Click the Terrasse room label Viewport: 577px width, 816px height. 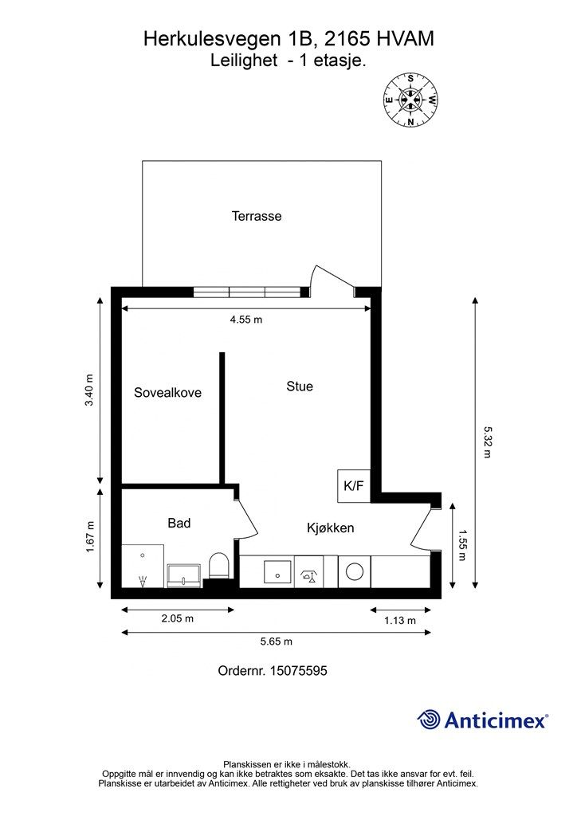tap(257, 216)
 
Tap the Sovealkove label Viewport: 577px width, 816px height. tap(167, 392)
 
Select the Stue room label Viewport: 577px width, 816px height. tap(300, 386)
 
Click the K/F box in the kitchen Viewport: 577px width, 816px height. tap(354, 486)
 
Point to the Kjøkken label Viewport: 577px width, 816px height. tap(331, 528)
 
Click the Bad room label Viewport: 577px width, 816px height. tap(179, 523)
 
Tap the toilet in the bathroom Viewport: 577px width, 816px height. tap(218, 567)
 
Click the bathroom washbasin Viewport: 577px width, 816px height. tap(184, 576)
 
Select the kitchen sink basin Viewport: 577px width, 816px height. tap(278, 572)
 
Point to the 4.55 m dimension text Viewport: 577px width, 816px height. tap(246, 320)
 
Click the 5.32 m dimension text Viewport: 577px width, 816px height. tap(488, 442)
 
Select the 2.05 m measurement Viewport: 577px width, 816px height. tap(178, 618)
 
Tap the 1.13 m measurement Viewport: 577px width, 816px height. tap(400, 620)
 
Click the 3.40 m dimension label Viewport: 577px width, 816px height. tap(89, 390)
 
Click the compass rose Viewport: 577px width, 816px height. tap(410, 100)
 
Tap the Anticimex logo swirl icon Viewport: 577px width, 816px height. tap(429, 720)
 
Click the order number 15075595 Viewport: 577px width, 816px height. tap(298, 671)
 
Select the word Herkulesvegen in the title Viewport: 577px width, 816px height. tap(214, 40)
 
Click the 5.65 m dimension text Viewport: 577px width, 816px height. tap(277, 641)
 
